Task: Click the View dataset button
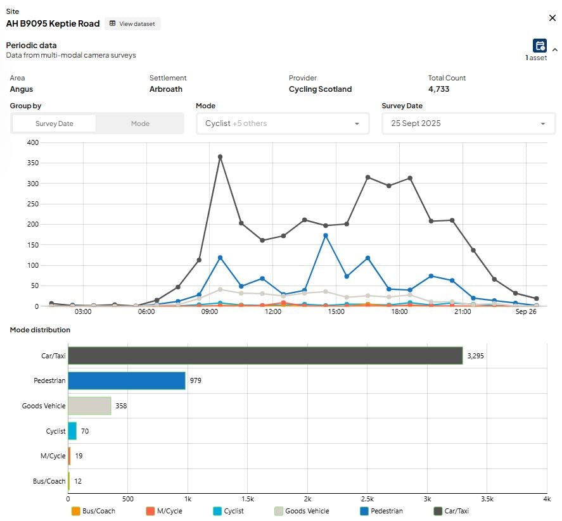[132, 23]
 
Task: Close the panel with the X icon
[552, 18]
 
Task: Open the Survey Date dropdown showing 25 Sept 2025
[468, 123]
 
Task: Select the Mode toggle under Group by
[140, 123]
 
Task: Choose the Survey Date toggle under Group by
[54, 123]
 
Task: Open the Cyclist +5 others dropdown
[283, 123]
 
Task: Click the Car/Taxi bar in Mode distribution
[265, 356]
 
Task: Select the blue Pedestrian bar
[127, 380]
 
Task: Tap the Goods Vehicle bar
[89, 406]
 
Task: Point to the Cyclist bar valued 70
[72, 430]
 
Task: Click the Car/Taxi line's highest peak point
[220, 157]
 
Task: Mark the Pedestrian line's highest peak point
[326, 235]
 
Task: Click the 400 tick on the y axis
[32, 142]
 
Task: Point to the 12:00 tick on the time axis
[272, 311]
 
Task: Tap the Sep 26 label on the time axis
[526, 311]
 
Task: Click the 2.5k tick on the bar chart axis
[367, 499]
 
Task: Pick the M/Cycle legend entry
[164, 511]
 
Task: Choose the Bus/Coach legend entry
[93, 511]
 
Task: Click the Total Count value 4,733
[438, 89]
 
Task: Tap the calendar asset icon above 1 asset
[539, 46]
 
